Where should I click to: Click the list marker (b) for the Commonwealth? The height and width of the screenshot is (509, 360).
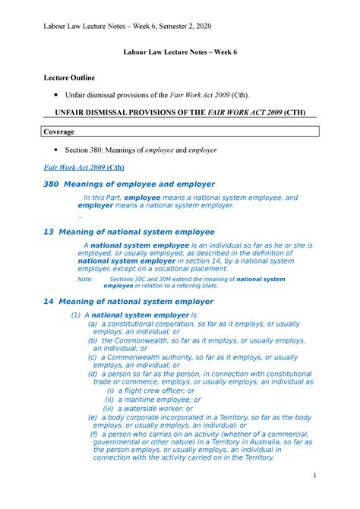coord(93,340)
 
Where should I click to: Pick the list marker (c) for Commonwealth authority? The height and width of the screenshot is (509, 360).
coord(93,357)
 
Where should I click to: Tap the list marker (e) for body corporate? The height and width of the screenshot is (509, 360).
coord(93,417)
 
